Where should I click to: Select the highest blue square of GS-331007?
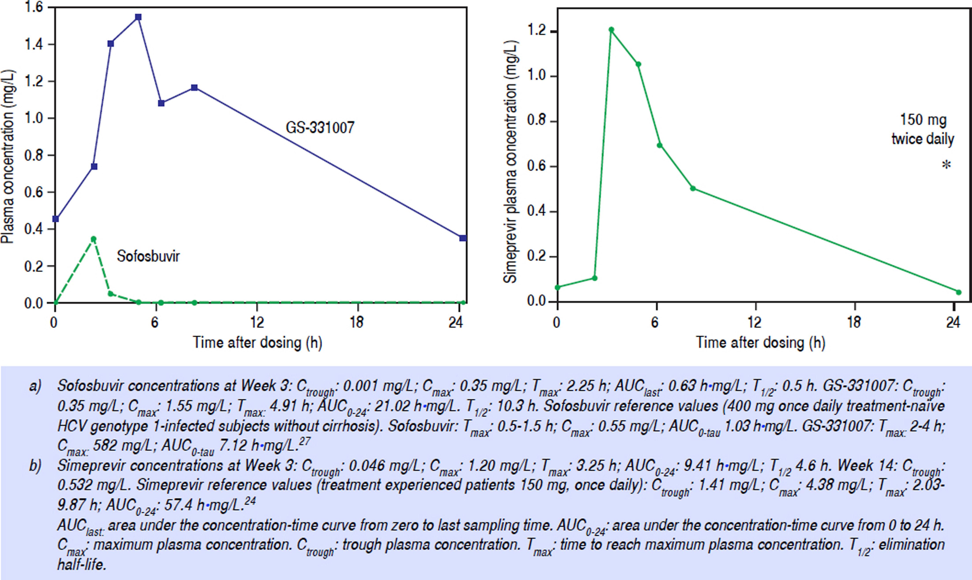coord(138,17)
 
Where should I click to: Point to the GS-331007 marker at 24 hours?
coord(463,238)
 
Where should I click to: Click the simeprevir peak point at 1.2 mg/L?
coord(611,30)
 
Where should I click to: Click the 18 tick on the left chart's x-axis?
coord(357,322)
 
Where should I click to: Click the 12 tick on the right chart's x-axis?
coord(754,322)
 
